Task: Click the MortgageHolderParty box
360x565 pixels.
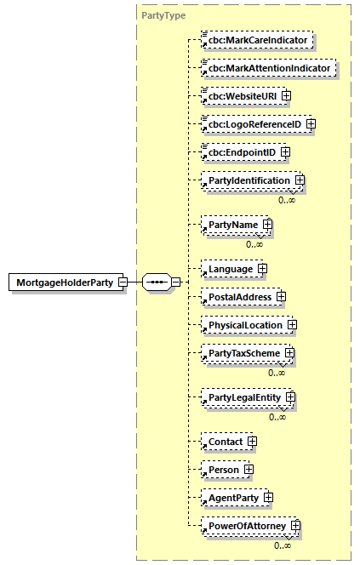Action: (64, 282)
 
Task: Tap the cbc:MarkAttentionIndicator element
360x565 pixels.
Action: (267, 67)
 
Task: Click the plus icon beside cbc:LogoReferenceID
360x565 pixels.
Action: (311, 124)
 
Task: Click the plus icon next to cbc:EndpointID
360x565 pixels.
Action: (285, 152)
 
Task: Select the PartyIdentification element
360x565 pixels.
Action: (245, 180)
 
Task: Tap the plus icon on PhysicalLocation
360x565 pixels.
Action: (291, 325)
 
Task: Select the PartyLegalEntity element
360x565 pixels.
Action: (241, 397)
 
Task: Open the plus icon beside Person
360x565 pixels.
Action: (249, 469)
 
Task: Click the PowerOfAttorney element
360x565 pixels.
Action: (243, 526)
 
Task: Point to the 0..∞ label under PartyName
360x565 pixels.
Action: (254, 244)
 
